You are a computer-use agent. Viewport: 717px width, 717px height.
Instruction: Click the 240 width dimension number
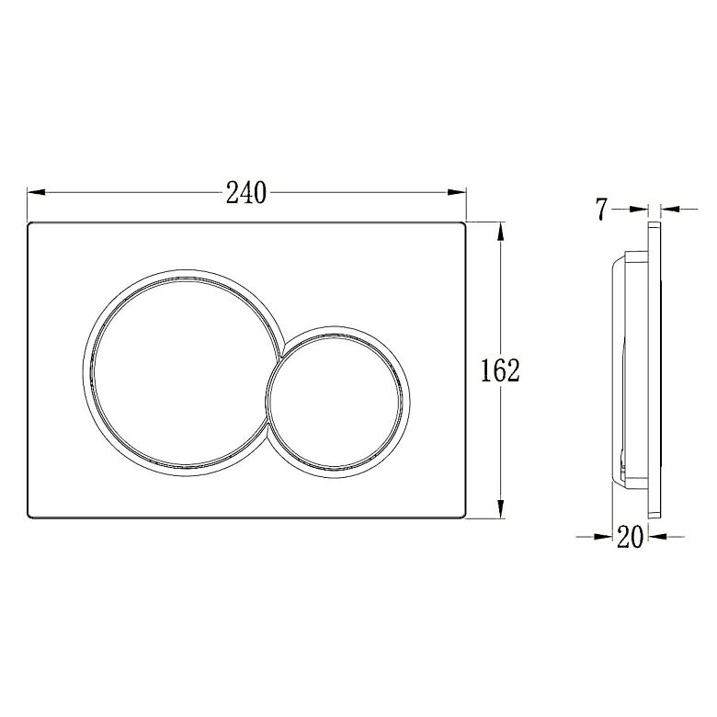246,192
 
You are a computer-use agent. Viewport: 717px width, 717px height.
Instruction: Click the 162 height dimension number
501,370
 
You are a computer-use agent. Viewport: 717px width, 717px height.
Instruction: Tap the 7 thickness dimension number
602,210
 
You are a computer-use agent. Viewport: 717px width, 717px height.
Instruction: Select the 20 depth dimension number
630,537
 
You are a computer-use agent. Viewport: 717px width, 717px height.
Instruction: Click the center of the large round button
181,372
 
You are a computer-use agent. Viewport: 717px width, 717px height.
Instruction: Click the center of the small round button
336,403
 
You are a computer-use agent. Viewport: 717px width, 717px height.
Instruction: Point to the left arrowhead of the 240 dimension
36,192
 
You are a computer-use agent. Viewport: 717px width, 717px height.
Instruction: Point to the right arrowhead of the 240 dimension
457,192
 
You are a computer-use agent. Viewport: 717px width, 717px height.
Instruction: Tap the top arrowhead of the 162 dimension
501,231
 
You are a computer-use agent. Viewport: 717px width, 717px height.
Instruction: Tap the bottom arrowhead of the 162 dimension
501,509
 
